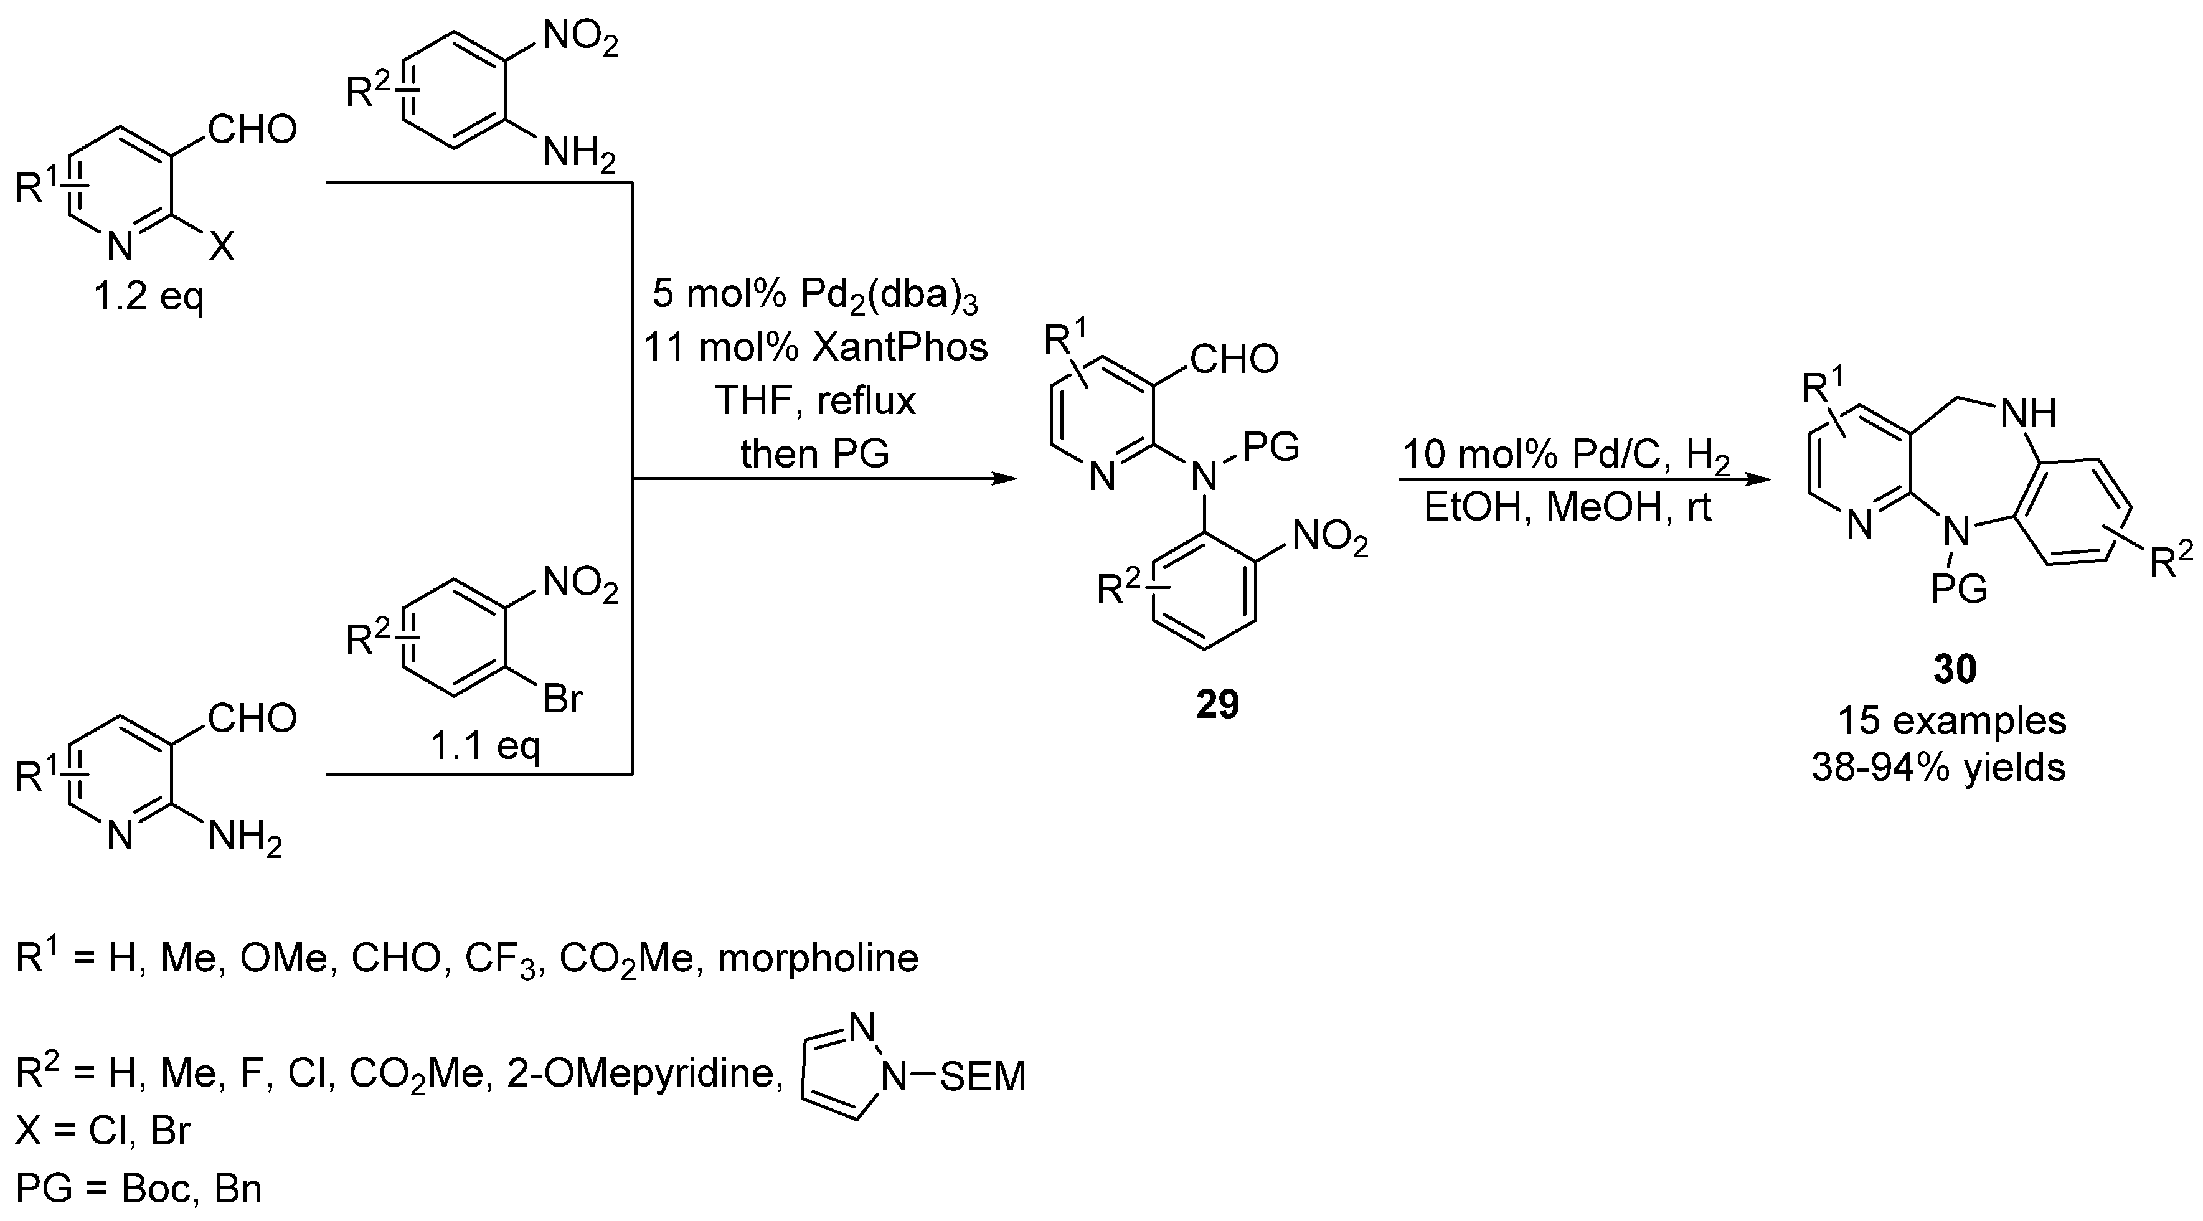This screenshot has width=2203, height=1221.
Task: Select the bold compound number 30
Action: click(x=1955, y=668)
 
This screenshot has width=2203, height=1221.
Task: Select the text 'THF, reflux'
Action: click(x=815, y=400)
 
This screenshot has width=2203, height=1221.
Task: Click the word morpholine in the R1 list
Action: click(x=818, y=958)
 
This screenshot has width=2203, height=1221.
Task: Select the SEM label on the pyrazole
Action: click(x=983, y=1077)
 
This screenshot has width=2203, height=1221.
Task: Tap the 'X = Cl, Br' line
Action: click(x=103, y=1130)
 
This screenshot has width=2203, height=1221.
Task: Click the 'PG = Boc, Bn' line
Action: click(x=138, y=1189)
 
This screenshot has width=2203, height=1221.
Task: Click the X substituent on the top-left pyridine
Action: click(x=222, y=247)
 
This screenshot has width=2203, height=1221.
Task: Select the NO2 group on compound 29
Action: click(x=1329, y=539)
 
